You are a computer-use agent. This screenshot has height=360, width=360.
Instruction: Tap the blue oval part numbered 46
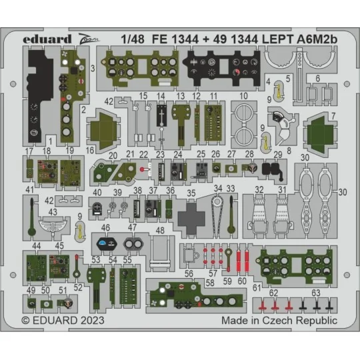click(x=106, y=243)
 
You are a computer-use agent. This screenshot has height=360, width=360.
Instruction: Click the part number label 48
click(x=160, y=230)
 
